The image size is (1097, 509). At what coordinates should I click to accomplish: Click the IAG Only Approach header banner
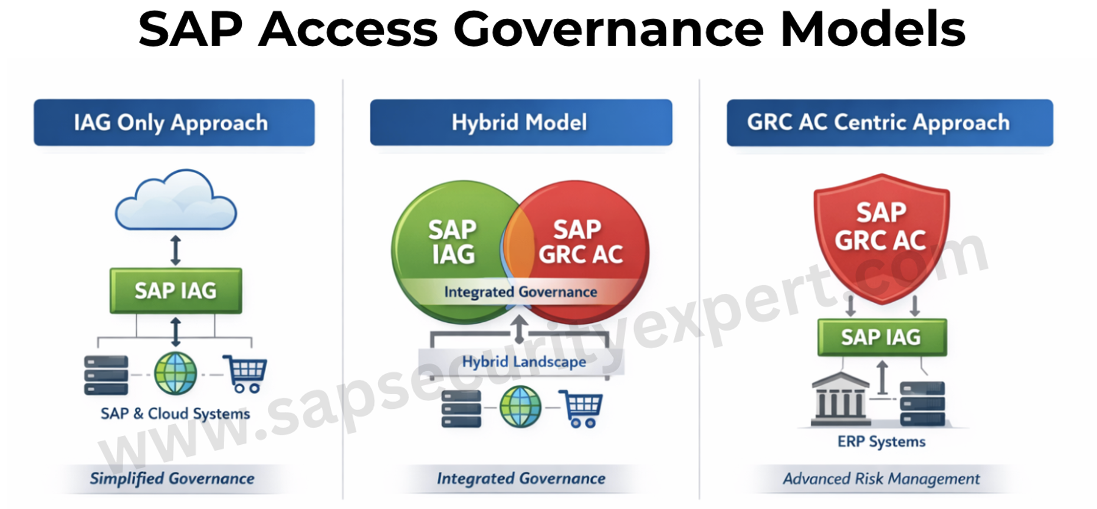(174, 123)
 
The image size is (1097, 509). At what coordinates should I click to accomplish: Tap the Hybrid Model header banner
(521, 123)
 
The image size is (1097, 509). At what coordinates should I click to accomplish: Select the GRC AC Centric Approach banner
(889, 123)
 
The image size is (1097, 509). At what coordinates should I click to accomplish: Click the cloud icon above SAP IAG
(176, 200)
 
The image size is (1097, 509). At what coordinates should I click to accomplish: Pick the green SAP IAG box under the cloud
(176, 290)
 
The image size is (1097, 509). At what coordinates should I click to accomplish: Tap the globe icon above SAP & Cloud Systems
(175, 374)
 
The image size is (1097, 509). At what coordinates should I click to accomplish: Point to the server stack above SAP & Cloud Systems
(106, 375)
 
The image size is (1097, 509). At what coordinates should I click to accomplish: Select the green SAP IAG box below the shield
(882, 338)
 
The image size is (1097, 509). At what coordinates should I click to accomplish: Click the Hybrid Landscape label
(524, 362)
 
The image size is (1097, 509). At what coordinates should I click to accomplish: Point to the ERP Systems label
(881, 441)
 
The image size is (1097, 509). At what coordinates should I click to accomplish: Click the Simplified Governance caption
(172, 478)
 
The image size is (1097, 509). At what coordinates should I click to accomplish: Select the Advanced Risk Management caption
(881, 478)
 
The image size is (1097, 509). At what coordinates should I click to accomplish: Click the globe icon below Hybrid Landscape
(520, 406)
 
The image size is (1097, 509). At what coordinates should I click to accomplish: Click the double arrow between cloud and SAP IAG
(175, 250)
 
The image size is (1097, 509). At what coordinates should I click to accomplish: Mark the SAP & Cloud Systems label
(175, 414)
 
